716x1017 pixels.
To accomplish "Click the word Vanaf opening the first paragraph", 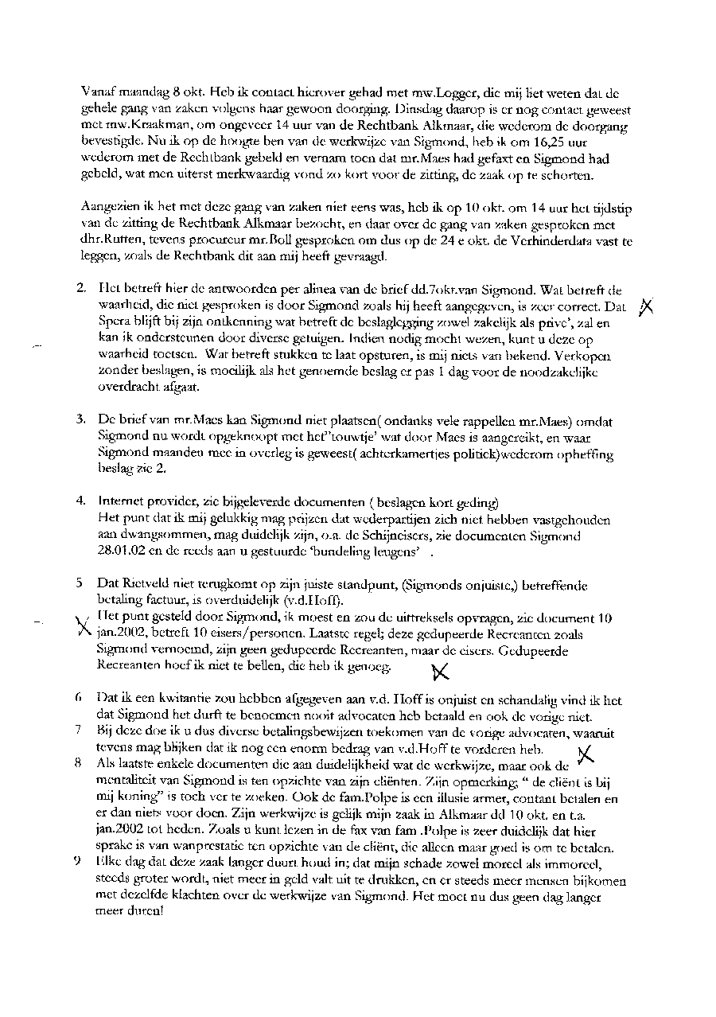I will pos(97,91).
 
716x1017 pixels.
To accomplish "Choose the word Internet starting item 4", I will pos(121,501).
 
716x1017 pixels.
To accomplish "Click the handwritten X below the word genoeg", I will pos(439,672).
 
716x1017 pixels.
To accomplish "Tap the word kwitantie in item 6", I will pos(170,701).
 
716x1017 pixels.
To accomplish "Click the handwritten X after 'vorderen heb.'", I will pos(585,754).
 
